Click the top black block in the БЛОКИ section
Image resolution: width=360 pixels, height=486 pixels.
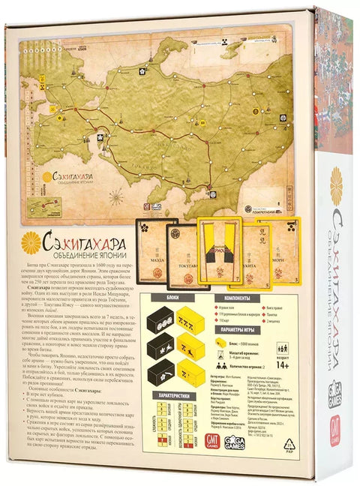coord(160,319)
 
